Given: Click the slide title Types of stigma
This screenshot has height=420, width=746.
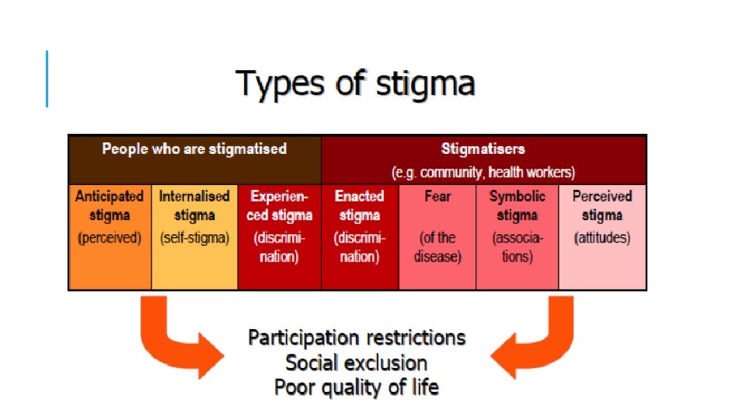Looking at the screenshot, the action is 356,83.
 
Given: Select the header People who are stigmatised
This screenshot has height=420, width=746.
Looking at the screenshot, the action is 194,149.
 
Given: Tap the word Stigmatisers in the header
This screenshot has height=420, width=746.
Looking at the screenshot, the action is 483,148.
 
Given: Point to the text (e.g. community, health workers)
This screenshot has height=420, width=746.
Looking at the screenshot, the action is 483,171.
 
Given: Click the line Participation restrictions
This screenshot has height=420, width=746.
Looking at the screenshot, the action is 357,338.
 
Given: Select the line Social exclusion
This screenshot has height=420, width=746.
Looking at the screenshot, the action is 357,362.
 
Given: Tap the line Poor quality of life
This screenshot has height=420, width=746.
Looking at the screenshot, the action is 357,387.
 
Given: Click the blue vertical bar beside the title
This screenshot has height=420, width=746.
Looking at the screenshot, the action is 47,79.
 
